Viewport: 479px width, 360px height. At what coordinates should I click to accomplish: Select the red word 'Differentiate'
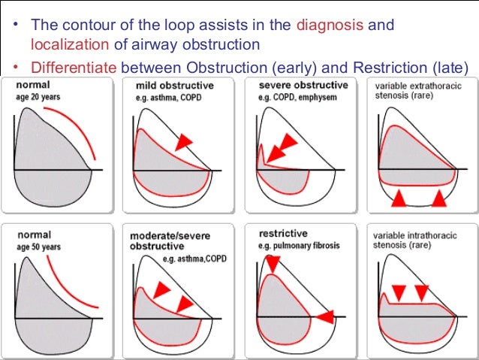[71, 68]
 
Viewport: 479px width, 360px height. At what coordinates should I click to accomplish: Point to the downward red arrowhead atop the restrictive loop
[272, 262]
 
